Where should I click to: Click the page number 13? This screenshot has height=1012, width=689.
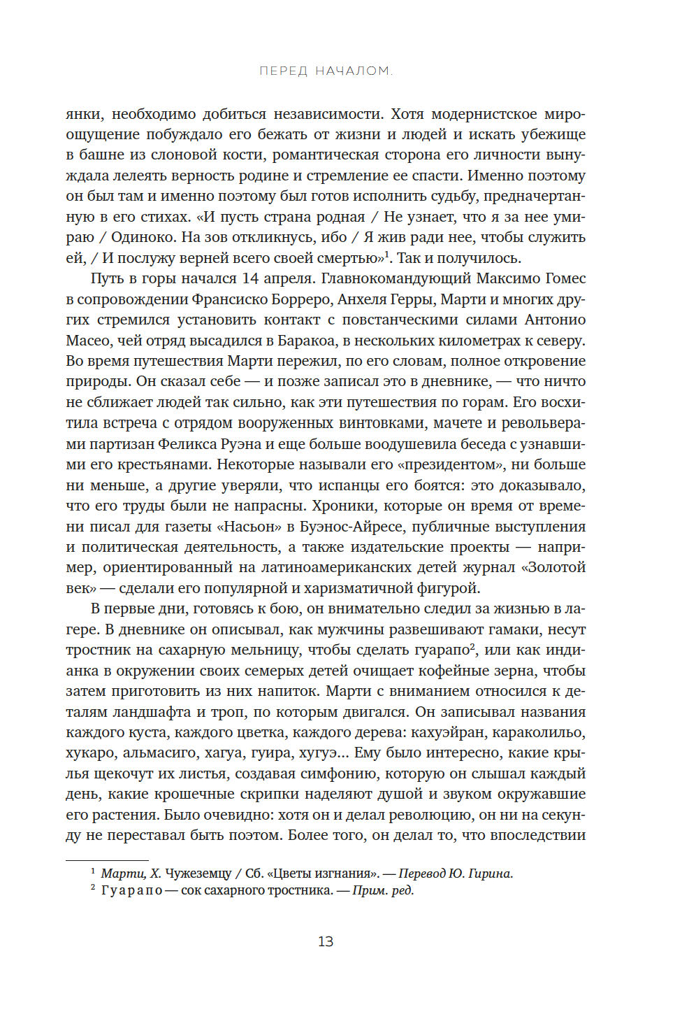coord(326,941)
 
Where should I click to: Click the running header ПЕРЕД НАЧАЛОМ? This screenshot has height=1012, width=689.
coord(326,71)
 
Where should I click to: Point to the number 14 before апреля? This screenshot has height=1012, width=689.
coord(250,278)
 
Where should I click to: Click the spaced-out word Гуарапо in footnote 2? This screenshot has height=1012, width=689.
coord(131,891)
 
